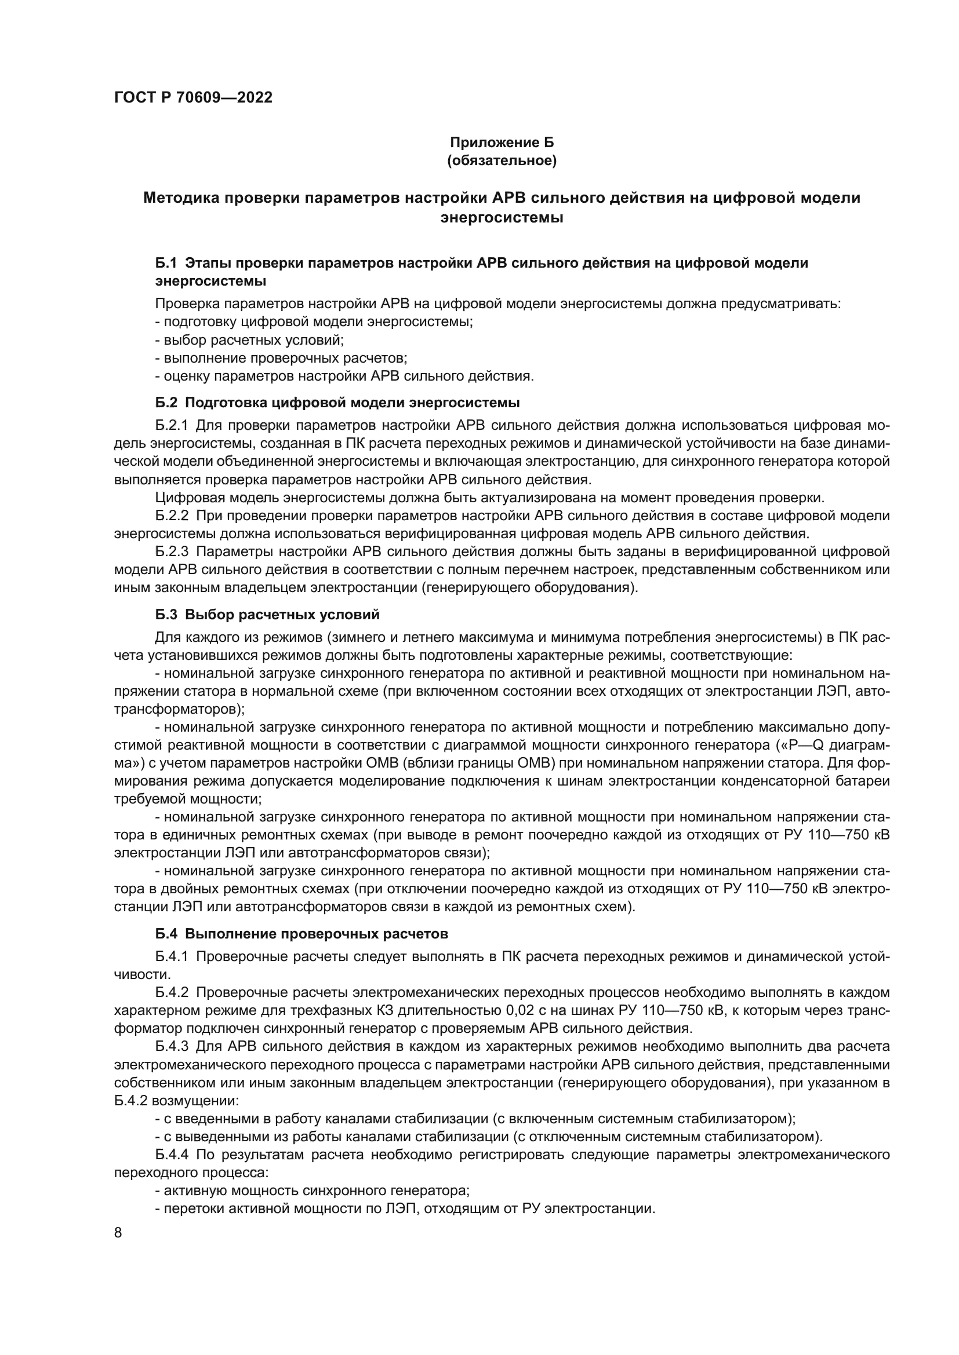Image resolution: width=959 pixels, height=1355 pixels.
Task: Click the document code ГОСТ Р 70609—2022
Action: [193, 98]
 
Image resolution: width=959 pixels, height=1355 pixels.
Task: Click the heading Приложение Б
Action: [502, 143]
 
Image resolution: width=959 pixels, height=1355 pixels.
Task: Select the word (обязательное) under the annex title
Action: [502, 160]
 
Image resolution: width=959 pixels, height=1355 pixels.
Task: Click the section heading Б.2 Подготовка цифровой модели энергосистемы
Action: [337, 403]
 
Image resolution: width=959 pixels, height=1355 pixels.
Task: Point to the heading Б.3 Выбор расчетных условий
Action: [267, 614]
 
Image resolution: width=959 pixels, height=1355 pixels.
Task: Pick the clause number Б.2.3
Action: [172, 552]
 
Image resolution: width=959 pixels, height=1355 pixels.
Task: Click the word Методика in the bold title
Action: [180, 198]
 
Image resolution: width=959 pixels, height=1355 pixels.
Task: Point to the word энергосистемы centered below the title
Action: [502, 218]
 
